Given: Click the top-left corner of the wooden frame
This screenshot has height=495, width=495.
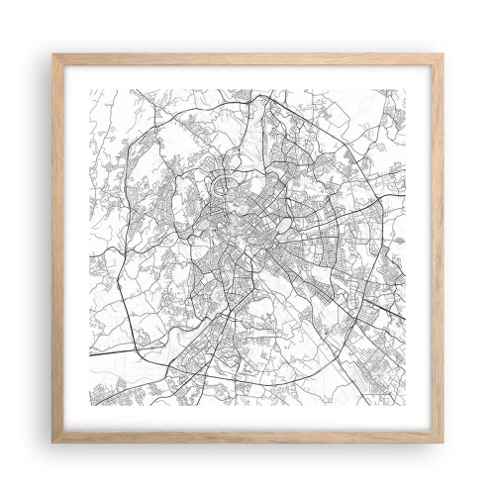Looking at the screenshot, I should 53,53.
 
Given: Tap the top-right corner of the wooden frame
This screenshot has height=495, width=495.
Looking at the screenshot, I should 442,53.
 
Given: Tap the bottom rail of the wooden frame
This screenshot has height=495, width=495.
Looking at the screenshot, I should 247,439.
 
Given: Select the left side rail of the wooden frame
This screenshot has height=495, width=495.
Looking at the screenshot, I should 56,247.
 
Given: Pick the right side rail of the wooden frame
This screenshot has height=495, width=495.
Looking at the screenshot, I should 439,247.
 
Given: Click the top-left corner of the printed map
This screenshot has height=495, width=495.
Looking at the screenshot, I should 90,90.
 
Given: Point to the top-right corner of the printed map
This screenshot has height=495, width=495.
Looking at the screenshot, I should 405,90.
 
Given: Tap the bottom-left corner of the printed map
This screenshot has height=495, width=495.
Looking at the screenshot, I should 90,405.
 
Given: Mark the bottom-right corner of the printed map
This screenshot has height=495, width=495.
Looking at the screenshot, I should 405,405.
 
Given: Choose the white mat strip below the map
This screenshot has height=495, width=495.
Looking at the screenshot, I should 247,421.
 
